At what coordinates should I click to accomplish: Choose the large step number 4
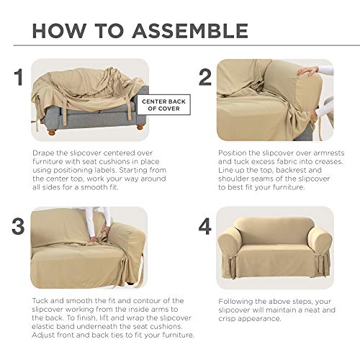coord(205,225)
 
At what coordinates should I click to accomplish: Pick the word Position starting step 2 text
coord(233,153)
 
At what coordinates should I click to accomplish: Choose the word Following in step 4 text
coord(237,300)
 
